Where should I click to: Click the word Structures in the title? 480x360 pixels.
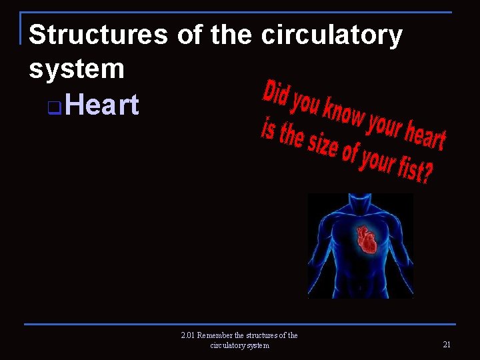pos(99,35)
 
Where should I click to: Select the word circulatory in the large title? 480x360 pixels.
pos(331,35)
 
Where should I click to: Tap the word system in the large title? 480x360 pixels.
pos(77,68)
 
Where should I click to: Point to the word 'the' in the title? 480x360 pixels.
pos(231,35)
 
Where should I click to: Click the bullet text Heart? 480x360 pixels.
pos(103,105)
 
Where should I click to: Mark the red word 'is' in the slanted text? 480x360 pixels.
pos(267,129)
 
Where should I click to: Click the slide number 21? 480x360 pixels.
pos(446,344)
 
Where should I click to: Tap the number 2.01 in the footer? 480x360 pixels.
pos(188,335)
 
